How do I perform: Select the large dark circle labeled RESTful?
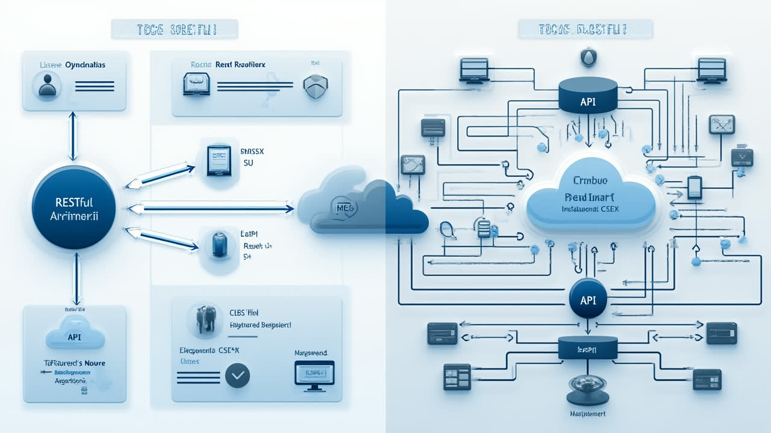(74, 208)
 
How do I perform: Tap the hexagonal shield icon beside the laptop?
(314, 86)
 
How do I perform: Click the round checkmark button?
(237, 376)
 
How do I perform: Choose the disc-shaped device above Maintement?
(587, 388)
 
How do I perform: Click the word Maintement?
(587, 414)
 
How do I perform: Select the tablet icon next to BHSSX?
(218, 160)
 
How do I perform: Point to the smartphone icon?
(695, 187)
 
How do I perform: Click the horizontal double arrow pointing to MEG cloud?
(211, 209)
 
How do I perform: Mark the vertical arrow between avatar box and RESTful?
(73, 136)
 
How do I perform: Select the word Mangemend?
(311, 353)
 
